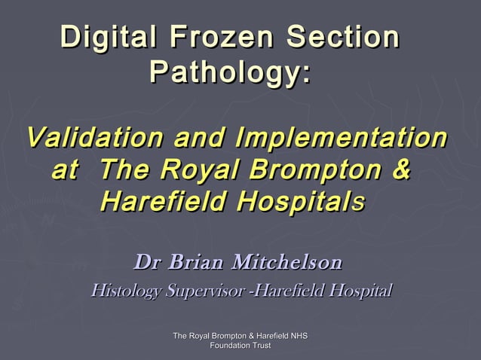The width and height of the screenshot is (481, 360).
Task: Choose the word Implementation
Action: pyautogui.click(x=339, y=139)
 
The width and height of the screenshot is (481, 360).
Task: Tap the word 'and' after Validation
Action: pyautogui.click(x=200, y=139)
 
